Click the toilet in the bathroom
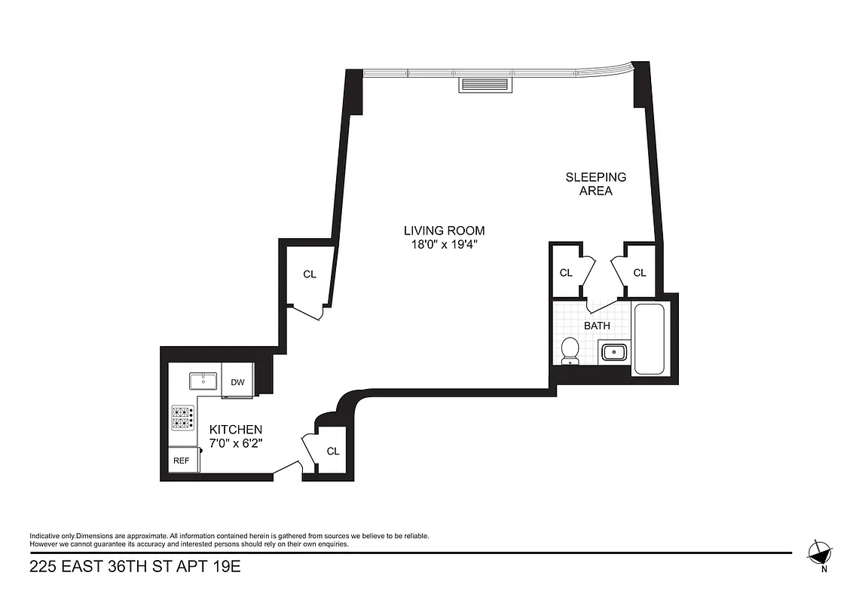click(570, 349)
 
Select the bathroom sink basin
click(614, 350)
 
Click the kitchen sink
click(203, 380)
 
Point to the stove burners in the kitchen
click(182, 418)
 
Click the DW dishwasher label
click(237, 382)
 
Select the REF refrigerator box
click(182, 460)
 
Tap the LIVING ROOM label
click(444, 231)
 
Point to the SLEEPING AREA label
click(595, 184)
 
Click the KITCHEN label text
click(235, 429)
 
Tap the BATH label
click(597, 326)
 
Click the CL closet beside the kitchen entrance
click(333, 451)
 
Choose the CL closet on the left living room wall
click(310, 274)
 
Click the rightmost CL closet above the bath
click(640, 273)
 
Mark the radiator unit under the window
click(486, 84)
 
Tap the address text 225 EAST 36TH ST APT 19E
click(135, 566)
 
